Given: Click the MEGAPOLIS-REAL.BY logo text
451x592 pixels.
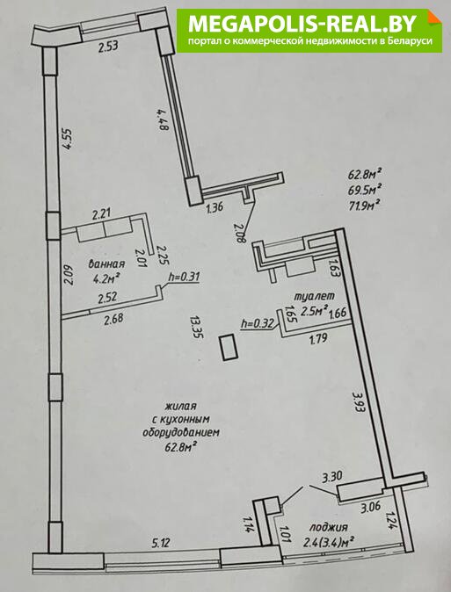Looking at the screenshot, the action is click(302, 24).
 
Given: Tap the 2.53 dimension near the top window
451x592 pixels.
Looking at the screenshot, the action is click(108, 47).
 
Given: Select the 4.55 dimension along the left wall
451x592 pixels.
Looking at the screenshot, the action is click(67, 140).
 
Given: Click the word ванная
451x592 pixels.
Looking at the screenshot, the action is click(106, 264).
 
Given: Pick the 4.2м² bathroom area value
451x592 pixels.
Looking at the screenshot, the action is click(106, 279).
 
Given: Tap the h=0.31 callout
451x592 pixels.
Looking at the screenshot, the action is click(184, 277).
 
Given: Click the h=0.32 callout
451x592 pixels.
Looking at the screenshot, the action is click(257, 323).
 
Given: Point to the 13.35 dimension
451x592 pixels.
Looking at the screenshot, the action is click(197, 327).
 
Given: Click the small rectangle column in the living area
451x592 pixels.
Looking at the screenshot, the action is click(229, 347).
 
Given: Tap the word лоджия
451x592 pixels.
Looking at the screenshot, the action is click(329, 527).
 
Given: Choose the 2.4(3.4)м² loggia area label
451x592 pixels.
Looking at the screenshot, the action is click(329, 543).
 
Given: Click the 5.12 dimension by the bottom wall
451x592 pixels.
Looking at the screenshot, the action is click(161, 543).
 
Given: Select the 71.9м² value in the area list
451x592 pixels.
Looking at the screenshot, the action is click(364, 206).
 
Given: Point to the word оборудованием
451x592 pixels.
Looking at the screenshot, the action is click(181, 432).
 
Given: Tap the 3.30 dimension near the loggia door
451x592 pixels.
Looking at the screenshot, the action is click(332, 477).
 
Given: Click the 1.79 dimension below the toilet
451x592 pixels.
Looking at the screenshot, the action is click(318, 339).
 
